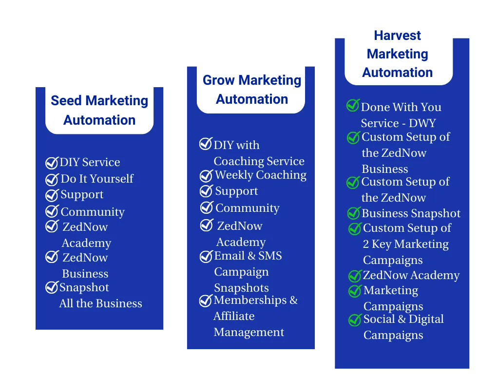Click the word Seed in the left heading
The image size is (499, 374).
(67, 101)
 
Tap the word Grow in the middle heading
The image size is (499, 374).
(219, 80)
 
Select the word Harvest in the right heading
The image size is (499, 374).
(397, 36)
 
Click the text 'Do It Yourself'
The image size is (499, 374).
(96, 179)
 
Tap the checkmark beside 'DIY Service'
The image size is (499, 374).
(52, 163)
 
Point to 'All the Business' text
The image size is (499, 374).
(100, 303)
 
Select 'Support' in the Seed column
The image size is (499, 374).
(82, 195)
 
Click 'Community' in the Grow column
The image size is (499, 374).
(247, 208)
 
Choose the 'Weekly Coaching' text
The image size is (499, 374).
(260, 175)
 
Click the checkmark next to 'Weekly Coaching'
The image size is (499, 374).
(206, 175)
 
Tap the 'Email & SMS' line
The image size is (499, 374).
(248, 256)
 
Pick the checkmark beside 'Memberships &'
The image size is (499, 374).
(206, 301)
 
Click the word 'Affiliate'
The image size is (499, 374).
(234, 316)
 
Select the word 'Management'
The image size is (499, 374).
(249, 332)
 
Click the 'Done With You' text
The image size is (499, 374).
(401, 107)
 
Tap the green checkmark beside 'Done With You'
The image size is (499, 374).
(353, 106)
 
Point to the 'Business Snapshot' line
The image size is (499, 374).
(411, 213)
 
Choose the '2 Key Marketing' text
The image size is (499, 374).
(405, 244)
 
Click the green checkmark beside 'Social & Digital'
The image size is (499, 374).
(355, 320)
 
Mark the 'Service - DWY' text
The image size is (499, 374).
(398, 123)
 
